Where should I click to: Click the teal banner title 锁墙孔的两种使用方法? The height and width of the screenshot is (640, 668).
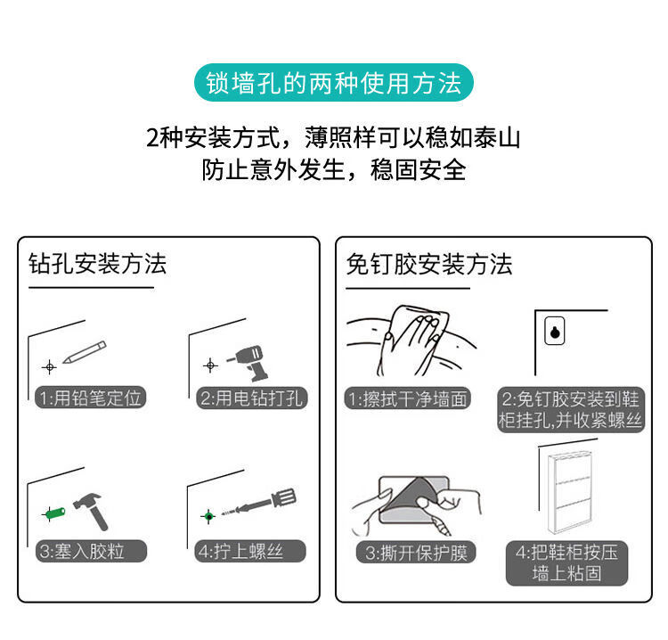point(334,83)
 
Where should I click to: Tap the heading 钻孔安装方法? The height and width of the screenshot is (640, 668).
point(97,264)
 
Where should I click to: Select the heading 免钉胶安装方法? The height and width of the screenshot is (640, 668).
point(429,264)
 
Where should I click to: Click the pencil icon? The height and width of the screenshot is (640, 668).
point(85,352)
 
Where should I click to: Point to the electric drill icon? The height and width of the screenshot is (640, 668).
point(249,363)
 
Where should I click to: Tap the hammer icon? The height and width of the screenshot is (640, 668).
point(91,512)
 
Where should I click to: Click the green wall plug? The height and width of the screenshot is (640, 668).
point(54,513)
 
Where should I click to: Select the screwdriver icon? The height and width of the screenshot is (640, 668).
point(258,503)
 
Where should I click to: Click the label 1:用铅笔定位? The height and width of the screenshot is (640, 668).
point(90,398)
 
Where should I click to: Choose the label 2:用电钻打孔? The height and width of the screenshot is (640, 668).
point(252,398)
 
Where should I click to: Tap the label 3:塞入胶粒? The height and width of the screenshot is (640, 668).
point(91,552)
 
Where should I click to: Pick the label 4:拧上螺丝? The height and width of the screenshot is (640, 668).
point(250,551)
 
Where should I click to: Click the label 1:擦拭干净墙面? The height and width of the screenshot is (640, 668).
point(408,398)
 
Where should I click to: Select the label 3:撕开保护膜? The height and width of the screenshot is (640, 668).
point(416,552)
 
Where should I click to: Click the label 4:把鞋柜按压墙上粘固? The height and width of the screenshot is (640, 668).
point(567,563)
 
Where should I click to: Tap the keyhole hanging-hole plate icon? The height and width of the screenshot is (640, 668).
point(555,331)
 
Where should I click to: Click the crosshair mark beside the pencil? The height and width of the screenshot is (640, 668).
point(49,366)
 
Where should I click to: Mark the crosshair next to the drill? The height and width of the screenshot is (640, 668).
point(210,365)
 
